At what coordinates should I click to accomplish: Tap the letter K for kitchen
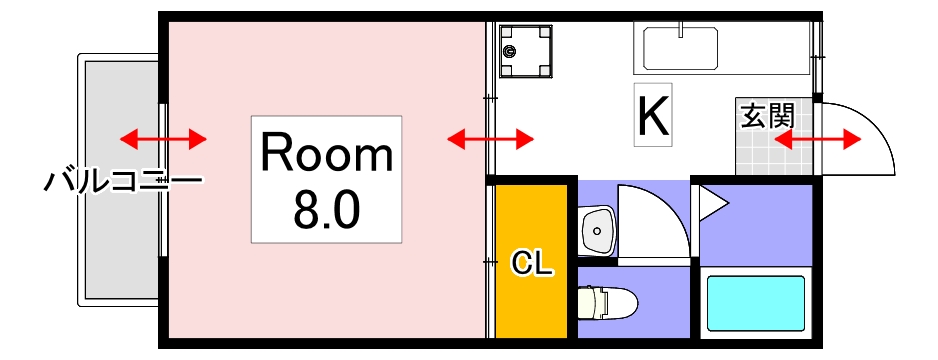click(x=653, y=115)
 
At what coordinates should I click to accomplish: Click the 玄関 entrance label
click(x=766, y=114)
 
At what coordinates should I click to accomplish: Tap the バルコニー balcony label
click(x=123, y=182)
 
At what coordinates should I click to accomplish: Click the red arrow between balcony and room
click(x=163, y=138)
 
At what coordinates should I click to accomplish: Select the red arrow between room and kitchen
click(x=490, y=138)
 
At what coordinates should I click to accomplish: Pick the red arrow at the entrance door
click(x=818, y=139)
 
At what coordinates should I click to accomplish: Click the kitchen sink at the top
click(x=680, y=46)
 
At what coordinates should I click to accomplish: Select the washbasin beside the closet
click(x=597, y=231)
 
